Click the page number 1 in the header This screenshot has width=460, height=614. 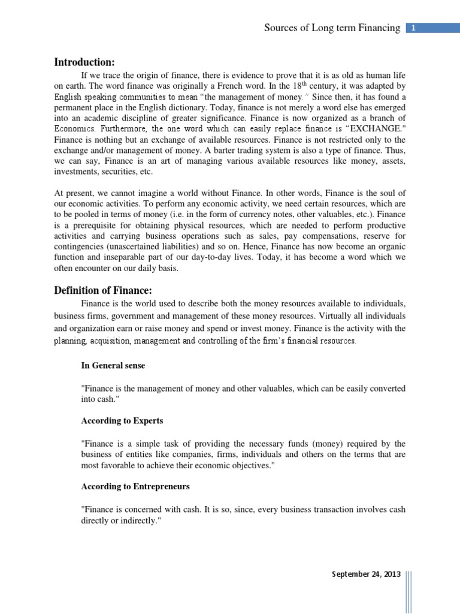tap(414, 28)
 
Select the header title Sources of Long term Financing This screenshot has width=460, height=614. tap(332, 28)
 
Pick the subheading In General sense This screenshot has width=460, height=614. tap(113, 365)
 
